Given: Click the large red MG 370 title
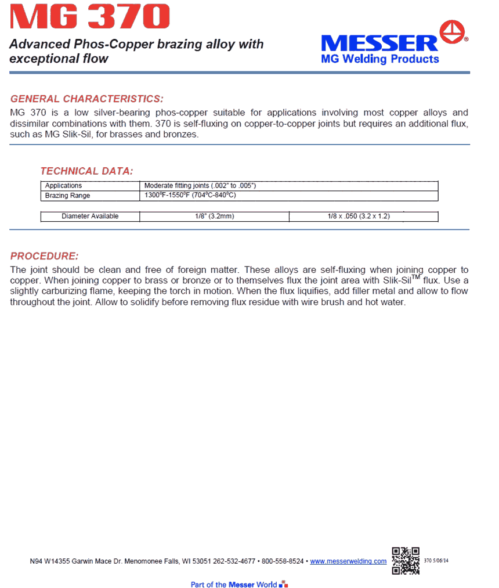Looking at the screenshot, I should pos(90,17).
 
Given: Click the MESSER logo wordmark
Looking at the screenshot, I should pos(379,43).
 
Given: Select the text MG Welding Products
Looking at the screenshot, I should pos(380,59).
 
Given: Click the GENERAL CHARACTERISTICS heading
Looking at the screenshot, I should pos(87,99).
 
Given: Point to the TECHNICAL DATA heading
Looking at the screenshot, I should pos(86,171).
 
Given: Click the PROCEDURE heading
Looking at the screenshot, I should pos(45,256).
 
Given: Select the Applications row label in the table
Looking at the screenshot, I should pos(64,186).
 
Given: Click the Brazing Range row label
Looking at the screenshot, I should pos(68,196).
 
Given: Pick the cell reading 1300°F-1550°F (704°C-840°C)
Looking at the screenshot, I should pos(190,196).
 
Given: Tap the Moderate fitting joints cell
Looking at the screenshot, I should pos(200,186).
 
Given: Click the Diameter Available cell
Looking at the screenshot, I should pos(90,217).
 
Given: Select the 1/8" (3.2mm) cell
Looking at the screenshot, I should pos(215,217).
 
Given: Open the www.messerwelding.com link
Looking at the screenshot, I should pos(348,561).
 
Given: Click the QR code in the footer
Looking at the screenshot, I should pos(406,560).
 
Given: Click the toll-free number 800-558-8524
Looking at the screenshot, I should pos(283,561).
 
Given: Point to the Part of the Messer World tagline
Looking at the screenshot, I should pos(234,584).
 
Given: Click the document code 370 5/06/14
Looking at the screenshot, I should pos(437,561).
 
